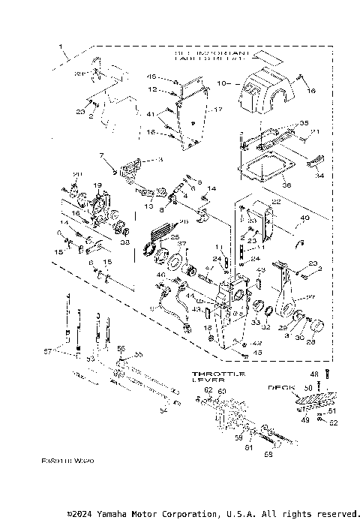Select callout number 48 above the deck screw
click(x=315, y=374)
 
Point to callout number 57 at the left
click(x=47, y=350)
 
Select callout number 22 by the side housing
click(x=276, y=201)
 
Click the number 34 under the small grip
click(x=320, y=176)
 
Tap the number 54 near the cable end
click(x=163, y=410)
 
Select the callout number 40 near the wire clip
click(x=304, y=219)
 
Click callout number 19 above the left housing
click(x=97, y=185)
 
